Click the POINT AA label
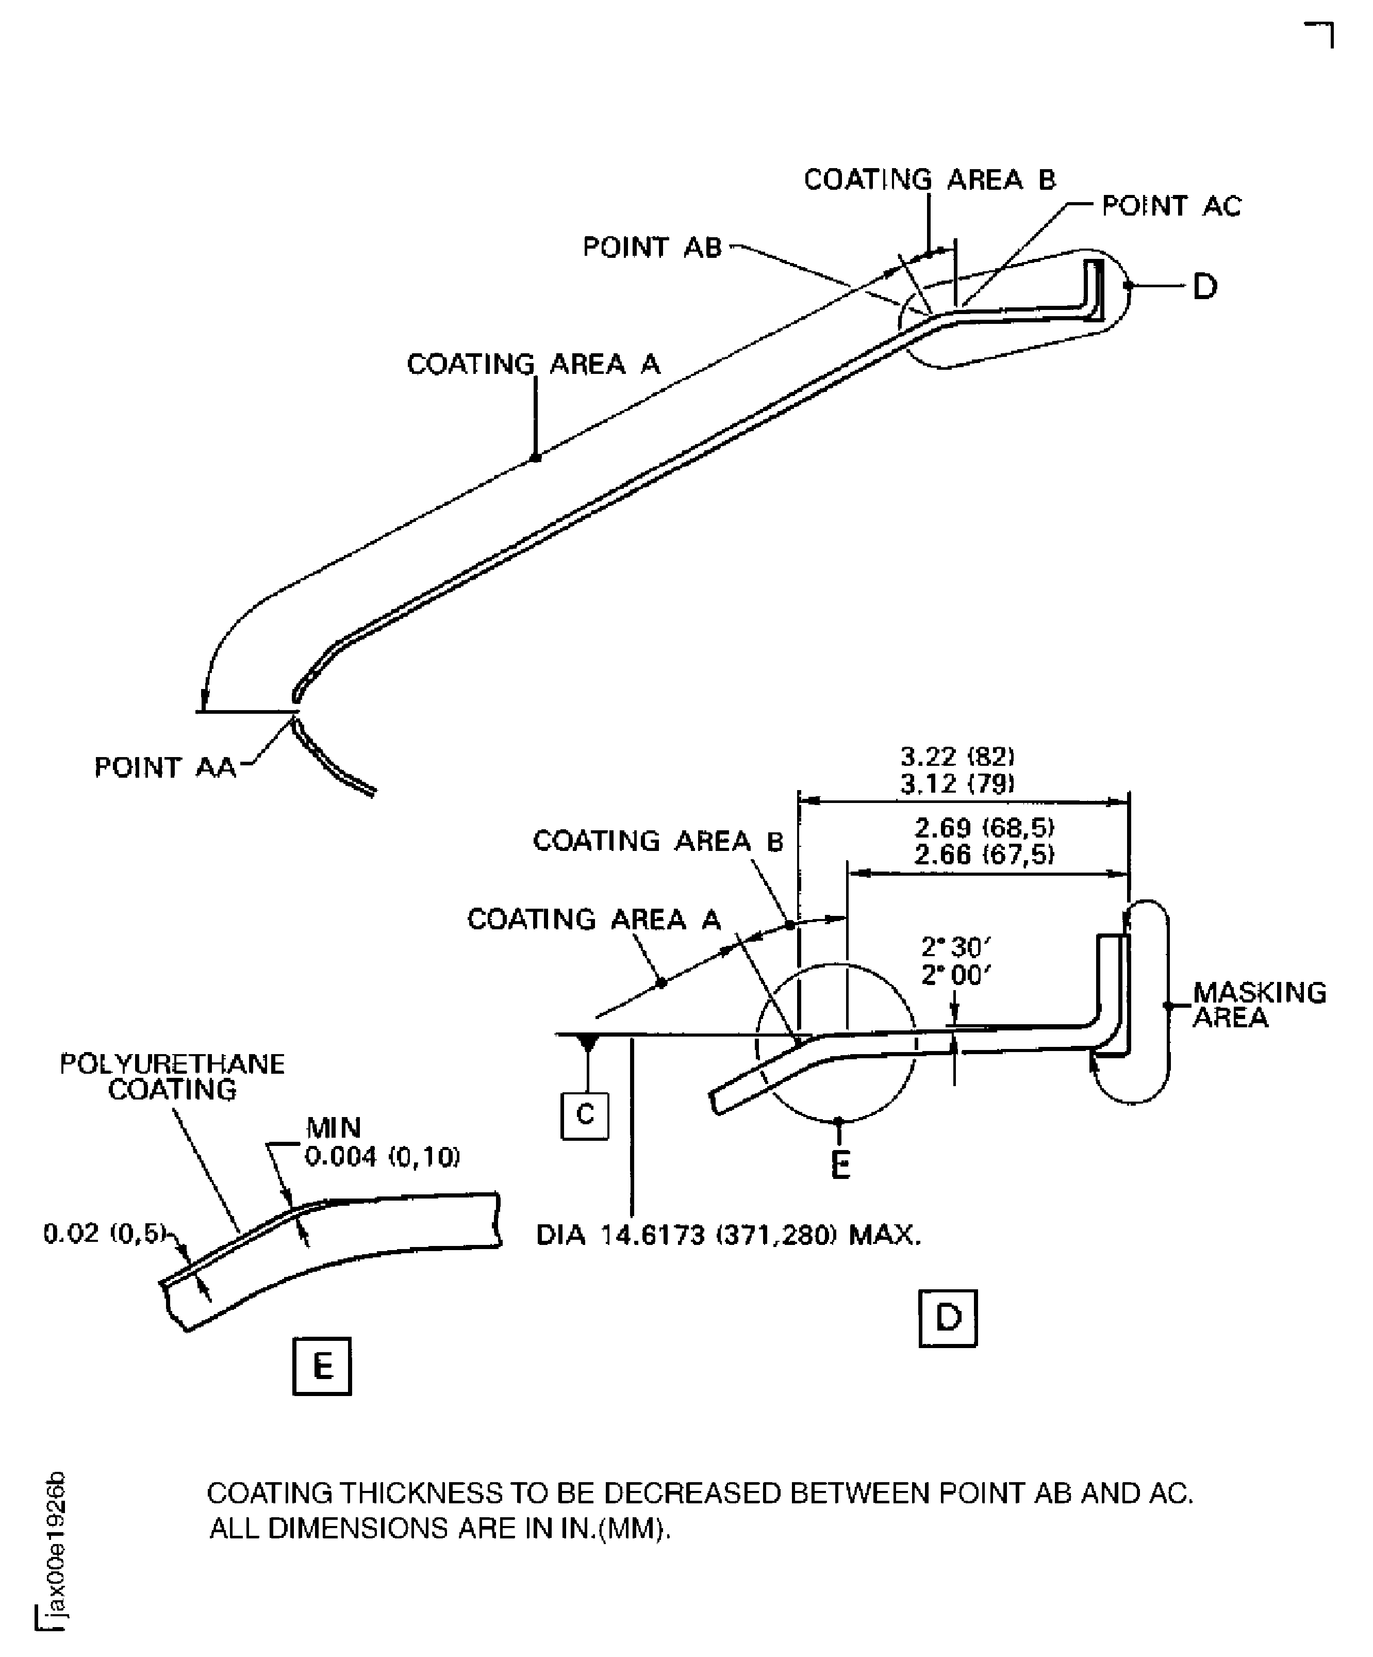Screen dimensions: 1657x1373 165,767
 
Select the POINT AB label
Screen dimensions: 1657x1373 652,248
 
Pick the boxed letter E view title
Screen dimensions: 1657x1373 322,1366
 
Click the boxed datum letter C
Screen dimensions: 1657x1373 584,1115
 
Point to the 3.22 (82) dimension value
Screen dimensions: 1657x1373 957,757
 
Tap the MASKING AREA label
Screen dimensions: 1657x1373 1259,1005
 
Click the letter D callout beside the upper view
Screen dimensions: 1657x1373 1204,286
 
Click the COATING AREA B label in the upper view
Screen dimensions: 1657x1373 929,180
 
